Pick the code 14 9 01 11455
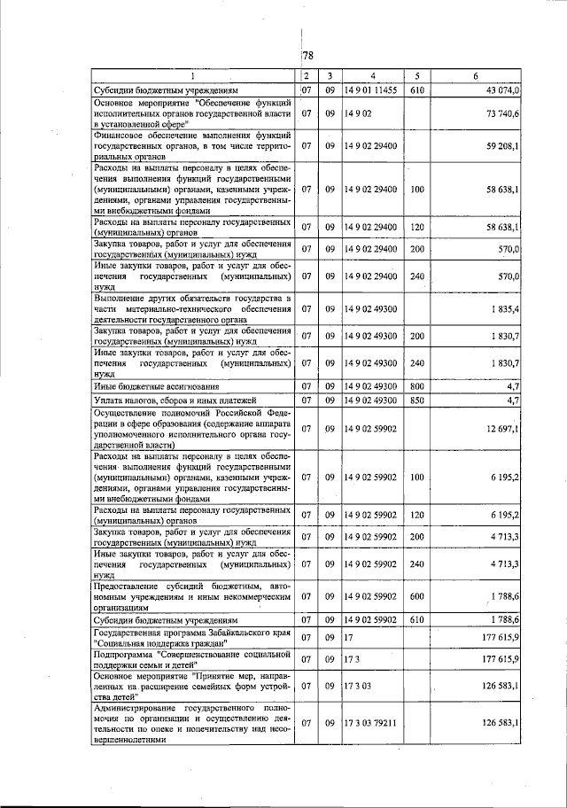pyautogui.click(x=371, y=90)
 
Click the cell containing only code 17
pyautogui.click(x=349, y=637)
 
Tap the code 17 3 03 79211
pyautogui.click(x=371, y=723)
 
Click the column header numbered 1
pyautogui.click(x=193, y=76)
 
